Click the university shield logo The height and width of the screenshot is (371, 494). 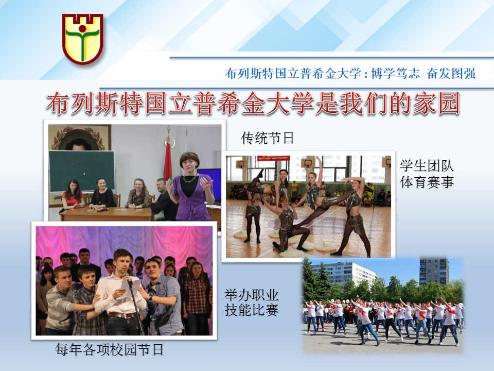click(x=82, y=39)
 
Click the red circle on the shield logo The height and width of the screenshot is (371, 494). click(x=82, y=29)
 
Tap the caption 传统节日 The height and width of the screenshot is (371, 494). click(x=267, y=138)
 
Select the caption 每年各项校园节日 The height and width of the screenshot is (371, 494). click(x=109, y=349)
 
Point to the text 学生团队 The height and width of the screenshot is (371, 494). click(x=427, y=165)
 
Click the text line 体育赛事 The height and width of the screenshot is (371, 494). click(x=427, y=182)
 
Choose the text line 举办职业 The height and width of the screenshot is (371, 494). click(x=252, y=295)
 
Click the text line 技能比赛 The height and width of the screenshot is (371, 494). click(x=252, y=310)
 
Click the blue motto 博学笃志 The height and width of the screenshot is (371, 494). click(x=395, y=73)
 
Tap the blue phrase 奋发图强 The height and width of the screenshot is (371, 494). click(x=451, y=73)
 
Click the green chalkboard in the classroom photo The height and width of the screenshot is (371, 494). click(x=82, y=171)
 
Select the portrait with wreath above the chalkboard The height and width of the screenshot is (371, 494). click(x=79, y=138)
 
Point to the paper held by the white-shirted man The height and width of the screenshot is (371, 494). click(x=131, y=287)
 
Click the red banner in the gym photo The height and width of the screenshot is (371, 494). click(x=273, y=158)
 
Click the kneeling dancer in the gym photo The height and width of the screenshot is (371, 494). click(x=287, y=223)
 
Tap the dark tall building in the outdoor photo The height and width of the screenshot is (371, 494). click(x=433, y=272)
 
